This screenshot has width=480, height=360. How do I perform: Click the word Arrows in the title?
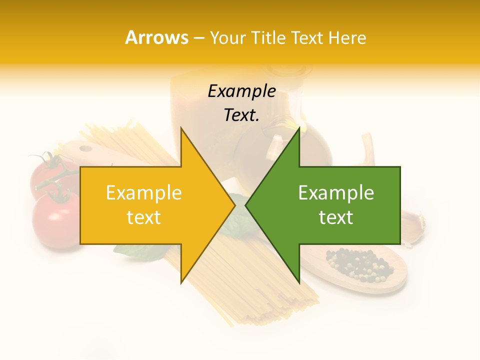coord(156,37)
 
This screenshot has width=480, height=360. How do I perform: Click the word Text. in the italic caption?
coord(241,115)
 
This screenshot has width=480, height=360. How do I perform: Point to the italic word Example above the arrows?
coord(241,91)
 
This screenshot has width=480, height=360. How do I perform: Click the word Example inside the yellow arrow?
coord(143,193)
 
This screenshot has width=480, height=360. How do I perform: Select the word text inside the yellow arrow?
coord(143,217)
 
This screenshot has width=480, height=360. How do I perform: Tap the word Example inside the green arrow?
coord(336,193)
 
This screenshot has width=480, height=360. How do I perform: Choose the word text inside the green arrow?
coord(336,217)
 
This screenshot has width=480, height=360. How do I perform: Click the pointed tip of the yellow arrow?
coord(234,205)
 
